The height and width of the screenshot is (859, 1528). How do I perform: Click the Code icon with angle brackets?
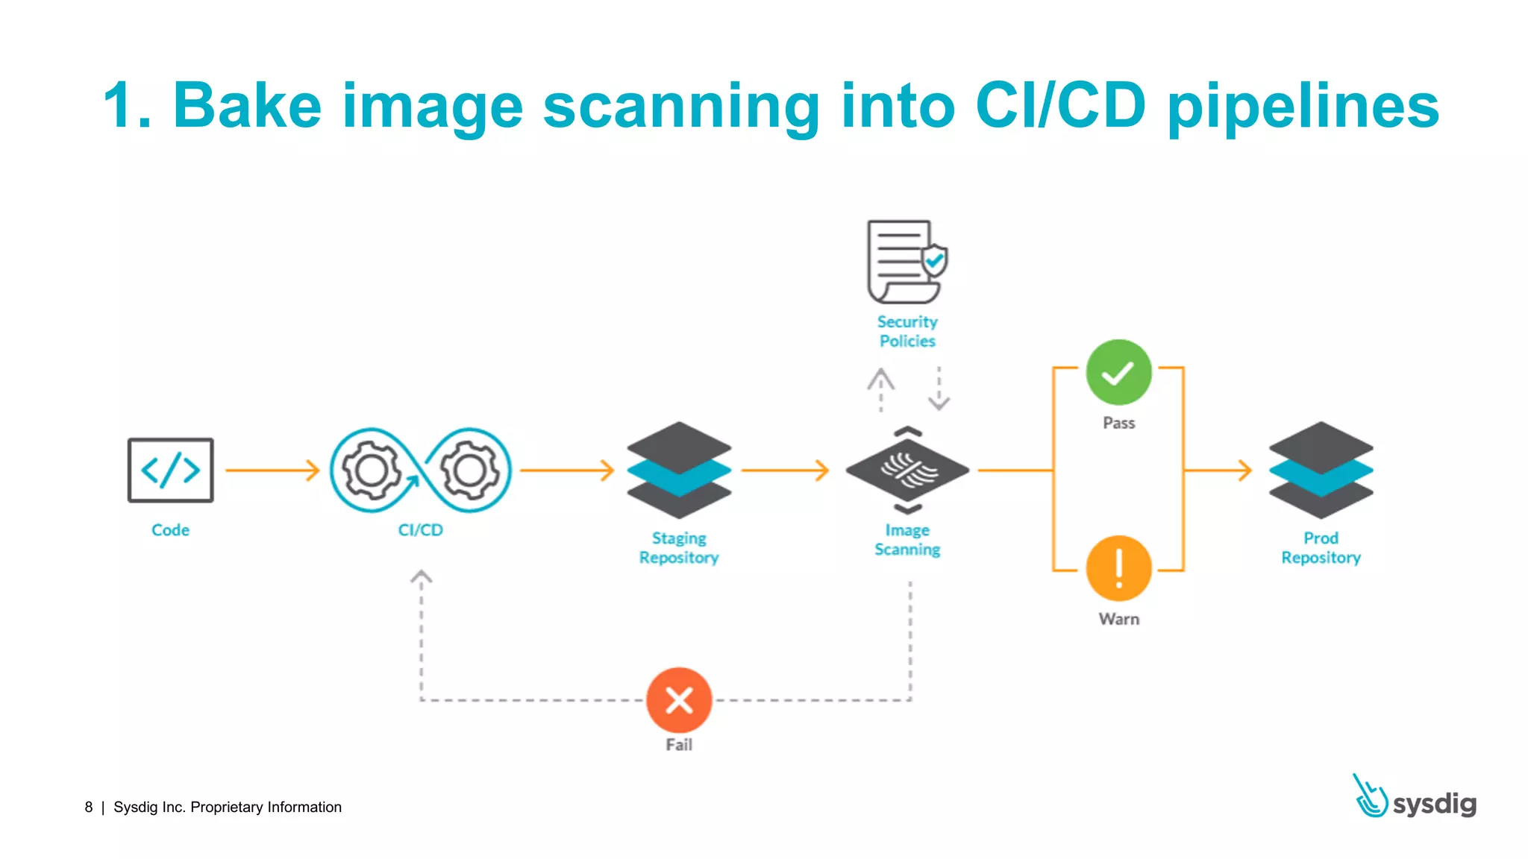[170, 471]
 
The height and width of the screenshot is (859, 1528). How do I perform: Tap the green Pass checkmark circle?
[1118, 373]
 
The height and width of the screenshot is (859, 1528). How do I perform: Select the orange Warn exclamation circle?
[1118, 569]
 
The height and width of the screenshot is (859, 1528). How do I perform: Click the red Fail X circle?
[679, 700]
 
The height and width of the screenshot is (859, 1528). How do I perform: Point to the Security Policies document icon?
[905, 262]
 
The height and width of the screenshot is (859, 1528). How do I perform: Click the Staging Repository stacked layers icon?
[679, 471]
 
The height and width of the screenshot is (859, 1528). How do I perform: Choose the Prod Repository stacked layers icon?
[1321, 471]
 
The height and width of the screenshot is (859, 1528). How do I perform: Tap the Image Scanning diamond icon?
[907, 471]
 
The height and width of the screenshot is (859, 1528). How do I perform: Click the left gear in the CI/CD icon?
[371, 471]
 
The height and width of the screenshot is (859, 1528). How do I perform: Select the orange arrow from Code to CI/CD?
[272, 471]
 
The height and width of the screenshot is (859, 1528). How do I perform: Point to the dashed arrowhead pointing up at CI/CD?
[422, 578]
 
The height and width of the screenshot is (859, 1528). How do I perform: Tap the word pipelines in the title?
[1303, 107]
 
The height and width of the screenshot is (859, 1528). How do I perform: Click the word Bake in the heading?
[247, 107]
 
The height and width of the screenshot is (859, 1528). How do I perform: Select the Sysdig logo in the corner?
[1415, 798]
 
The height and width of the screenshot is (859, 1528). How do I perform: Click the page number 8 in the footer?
[89, 808]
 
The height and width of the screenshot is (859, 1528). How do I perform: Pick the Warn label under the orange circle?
[1118, 620]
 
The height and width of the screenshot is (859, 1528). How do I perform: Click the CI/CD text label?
[420, 530]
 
